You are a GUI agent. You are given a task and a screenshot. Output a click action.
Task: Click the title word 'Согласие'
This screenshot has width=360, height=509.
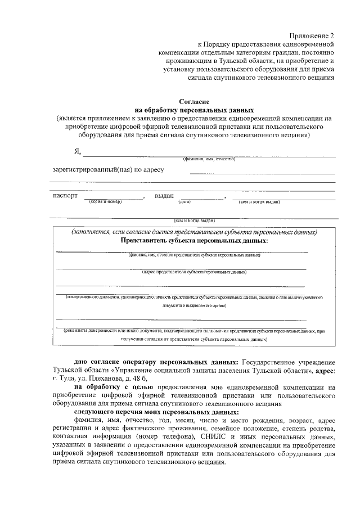tap(194, 101)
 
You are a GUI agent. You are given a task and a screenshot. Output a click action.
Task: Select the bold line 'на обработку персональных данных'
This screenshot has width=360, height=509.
tap(194, 110)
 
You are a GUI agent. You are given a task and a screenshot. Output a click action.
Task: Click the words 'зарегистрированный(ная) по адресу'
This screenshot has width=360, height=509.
tap(108, 170)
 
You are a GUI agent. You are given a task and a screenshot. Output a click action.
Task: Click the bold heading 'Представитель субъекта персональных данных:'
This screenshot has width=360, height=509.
tap(194, 240)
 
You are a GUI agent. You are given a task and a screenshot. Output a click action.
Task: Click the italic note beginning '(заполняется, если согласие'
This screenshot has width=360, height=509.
tap(194, 232)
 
